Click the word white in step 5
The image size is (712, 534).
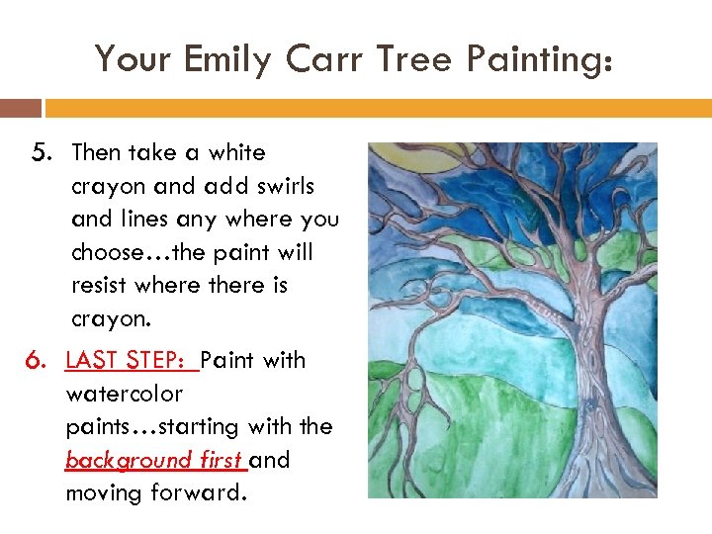pos(238,152)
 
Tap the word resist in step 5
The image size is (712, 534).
pos(101,286)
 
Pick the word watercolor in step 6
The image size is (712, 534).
pos(125,394)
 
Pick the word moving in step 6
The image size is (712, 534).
pos(103,492)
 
